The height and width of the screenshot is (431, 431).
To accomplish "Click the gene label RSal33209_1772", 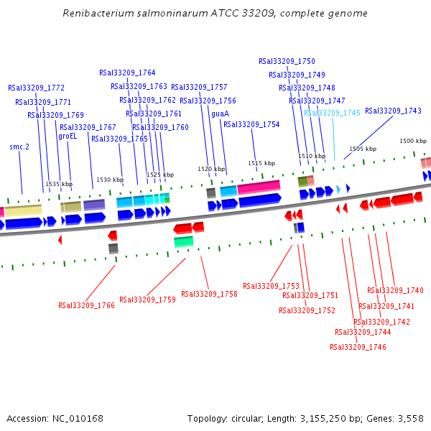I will point(36,88).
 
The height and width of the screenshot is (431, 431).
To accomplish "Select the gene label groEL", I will point(68,136).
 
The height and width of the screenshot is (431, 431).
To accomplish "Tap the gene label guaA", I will point(220,113).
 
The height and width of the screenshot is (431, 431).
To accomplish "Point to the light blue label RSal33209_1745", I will point(332,113).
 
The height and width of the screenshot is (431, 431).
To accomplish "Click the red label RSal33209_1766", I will point(86,305).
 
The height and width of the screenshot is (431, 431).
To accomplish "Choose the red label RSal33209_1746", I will point(358,347).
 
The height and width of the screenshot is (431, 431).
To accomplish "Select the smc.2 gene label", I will point(19,147).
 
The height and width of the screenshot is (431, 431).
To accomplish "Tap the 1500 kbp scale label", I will point(413,141).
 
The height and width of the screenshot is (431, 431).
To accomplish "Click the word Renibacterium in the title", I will point(96,14).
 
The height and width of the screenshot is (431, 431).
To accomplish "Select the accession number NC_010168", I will point(78,418).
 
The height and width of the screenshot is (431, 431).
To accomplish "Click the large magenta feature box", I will point(259,187).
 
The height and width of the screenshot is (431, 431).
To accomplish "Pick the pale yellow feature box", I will point(23,210).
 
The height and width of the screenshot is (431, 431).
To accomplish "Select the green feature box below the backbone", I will point(183,242).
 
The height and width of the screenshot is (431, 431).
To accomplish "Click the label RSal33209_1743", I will point(393,111).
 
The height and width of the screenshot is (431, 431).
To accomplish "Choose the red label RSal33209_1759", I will point(147,300).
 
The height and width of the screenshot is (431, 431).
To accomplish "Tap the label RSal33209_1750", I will point(287,61).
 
